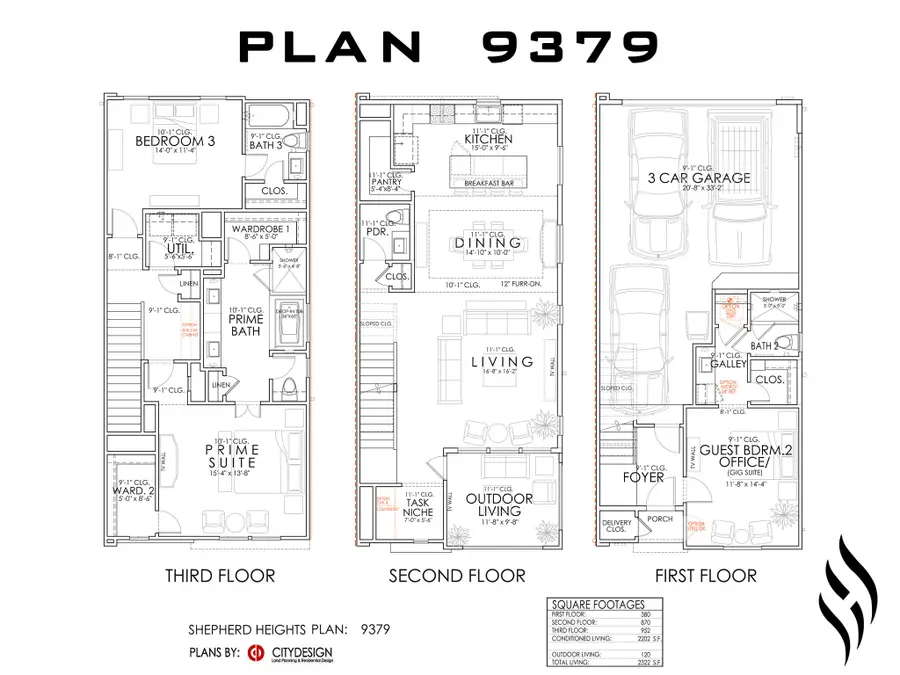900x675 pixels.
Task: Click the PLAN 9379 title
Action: click(449, 46)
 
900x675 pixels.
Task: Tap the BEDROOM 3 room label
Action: click(176, 142)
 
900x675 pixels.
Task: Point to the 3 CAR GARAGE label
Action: click(699, 178)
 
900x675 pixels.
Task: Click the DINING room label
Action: click(488, 243)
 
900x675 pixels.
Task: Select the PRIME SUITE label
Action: click(231, 456)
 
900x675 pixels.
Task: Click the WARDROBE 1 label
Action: click(260, 229)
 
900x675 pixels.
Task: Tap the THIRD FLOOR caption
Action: click(220, 575)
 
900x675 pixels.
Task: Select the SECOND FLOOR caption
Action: click(457, 575)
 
